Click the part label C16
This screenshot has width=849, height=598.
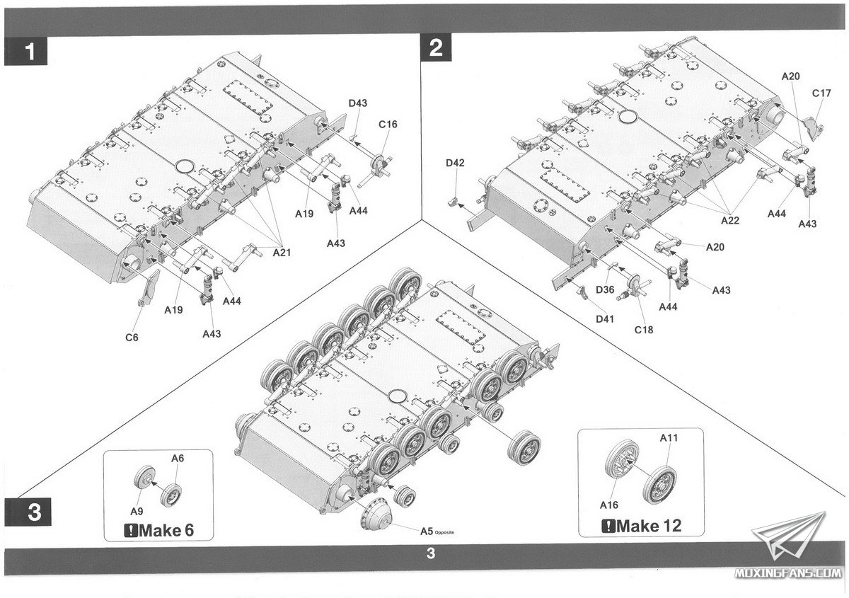click(388, 125)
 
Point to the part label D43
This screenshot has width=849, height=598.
click(357, 104)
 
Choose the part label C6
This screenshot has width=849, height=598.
click(131, 337)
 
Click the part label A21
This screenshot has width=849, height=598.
click(282, 252)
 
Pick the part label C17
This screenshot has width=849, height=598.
click(821, 93)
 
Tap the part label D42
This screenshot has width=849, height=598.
click(455, 163)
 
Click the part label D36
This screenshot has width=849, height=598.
click(604, 289)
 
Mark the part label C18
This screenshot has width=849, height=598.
click(643, 329)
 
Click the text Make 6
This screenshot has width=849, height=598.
click(158, 529)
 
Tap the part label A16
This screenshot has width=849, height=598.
click(609, 505)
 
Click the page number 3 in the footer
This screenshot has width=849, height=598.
click(430, 553)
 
